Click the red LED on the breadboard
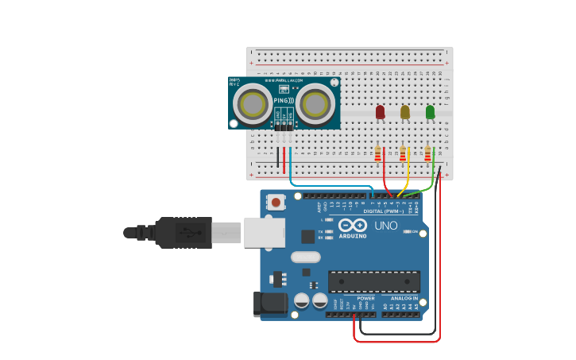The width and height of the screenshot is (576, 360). coord(380,112)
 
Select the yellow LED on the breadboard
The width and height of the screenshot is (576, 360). coord(405,112)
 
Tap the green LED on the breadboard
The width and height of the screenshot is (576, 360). coord(430,112)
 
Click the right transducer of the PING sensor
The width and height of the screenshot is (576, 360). coord(315,104)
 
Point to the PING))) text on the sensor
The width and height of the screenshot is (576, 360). coord(284,101)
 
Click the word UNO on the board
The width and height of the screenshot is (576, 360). coord(386,226)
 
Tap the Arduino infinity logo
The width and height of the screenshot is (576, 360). coord(352,226)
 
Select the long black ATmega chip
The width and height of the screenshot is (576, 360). coord(374,281)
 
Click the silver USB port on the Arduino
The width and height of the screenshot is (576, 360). coord(264,232)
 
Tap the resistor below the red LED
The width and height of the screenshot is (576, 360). coord(378,152)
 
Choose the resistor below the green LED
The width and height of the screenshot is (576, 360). coord(427,152)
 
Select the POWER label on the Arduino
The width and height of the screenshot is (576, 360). coord(365,298)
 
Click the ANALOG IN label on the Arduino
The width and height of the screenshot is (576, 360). coord(404,298)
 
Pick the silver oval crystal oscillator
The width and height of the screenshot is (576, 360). coord(305,257)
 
